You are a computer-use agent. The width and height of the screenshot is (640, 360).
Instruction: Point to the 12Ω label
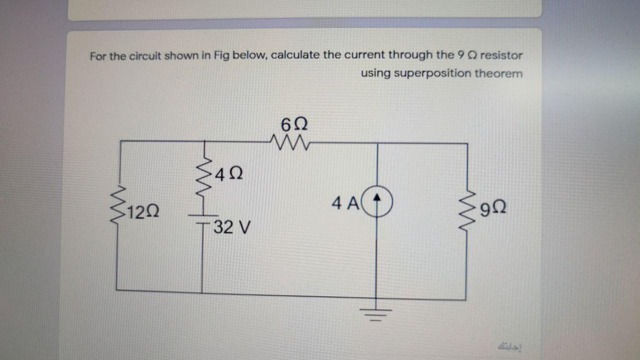click(143, 212)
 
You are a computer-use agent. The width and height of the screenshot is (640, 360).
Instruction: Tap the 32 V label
click(230, 228)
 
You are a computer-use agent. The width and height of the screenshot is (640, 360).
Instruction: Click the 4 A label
click(344, 203)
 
